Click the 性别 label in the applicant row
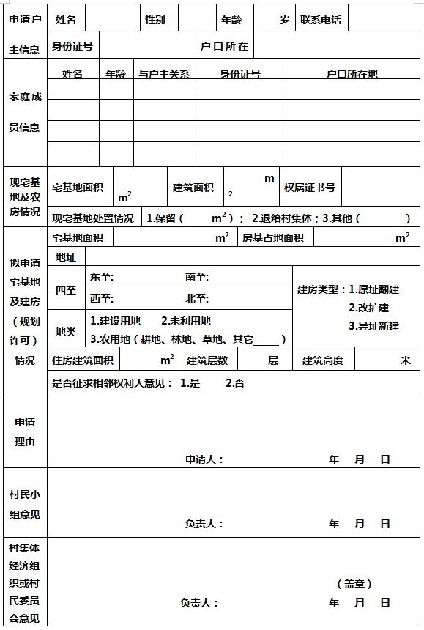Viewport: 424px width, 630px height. pos(155,20)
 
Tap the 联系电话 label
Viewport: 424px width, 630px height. pos(321,20)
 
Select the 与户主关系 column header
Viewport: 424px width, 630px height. pos(164,73)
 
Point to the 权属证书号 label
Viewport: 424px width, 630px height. pos(310,188)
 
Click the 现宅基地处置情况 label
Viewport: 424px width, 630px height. pos(93,218)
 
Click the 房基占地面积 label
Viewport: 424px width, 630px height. pos(272,238)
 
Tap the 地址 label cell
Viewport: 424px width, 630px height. pos(66,257)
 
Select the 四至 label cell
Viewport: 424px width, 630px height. pos(66,290)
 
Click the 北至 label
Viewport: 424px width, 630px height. pos(197,299)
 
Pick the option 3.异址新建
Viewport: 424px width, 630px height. pos(373,326)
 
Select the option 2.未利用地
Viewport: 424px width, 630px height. pos(186,321)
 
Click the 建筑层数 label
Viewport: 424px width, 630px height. pos(207,360)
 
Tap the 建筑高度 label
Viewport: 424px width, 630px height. pos(323,360)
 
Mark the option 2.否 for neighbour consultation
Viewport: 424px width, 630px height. pos(235,382)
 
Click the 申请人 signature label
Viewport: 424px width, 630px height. pos(204,460)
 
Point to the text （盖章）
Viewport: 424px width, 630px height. pos(354,584)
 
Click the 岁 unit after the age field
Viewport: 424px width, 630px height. pos(284,20)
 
